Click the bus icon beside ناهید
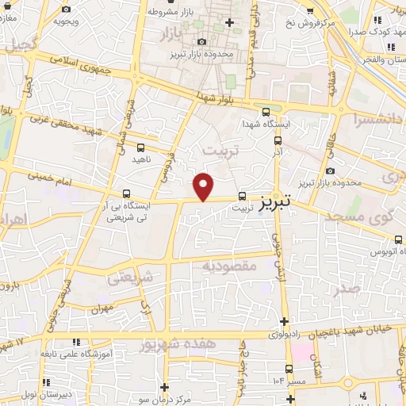(x=141, y=147)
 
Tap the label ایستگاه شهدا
(x=266, y=125)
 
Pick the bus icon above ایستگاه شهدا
(x=266, y=113)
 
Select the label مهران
(x=103, y=308)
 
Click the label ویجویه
(x=65, y=21)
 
